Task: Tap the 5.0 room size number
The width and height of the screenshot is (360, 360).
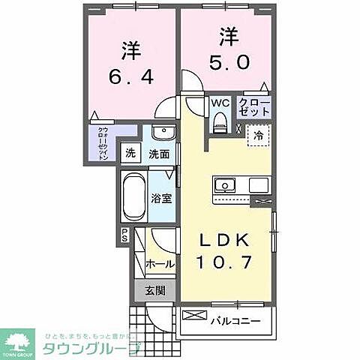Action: coord(223,61)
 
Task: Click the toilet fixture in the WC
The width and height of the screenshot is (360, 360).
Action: coord(220,122)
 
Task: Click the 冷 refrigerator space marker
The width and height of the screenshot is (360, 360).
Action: coord(258,136)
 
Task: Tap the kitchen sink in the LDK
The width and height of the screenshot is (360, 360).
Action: coord(225,185)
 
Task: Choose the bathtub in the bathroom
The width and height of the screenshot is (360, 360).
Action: coord(133,197)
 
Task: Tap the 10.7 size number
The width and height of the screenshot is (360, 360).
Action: coord(221,263)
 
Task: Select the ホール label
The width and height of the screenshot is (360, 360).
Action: coord(161,264)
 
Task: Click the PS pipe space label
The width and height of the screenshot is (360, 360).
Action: coord(125,235)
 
